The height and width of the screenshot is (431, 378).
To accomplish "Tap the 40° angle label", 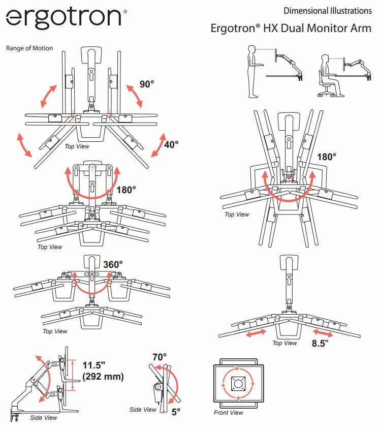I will point(171,144).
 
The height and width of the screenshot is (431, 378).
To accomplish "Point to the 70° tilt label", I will point(160,357).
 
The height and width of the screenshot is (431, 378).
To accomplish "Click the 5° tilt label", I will point(176,412).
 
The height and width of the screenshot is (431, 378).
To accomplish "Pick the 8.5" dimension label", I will point(320,343).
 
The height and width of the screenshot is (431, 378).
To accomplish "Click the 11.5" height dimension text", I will point(95,365).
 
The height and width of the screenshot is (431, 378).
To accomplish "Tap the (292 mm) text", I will point(103,377).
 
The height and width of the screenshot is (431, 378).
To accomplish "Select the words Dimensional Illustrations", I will point(327,11).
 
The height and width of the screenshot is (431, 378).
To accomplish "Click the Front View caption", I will point(229,413).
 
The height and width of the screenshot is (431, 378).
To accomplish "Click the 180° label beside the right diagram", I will point(326,157).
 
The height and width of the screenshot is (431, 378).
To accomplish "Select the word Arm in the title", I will point(361,28).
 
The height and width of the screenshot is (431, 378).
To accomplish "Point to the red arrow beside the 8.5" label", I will point(324,335).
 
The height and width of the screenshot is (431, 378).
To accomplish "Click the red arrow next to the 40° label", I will point(159,146).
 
